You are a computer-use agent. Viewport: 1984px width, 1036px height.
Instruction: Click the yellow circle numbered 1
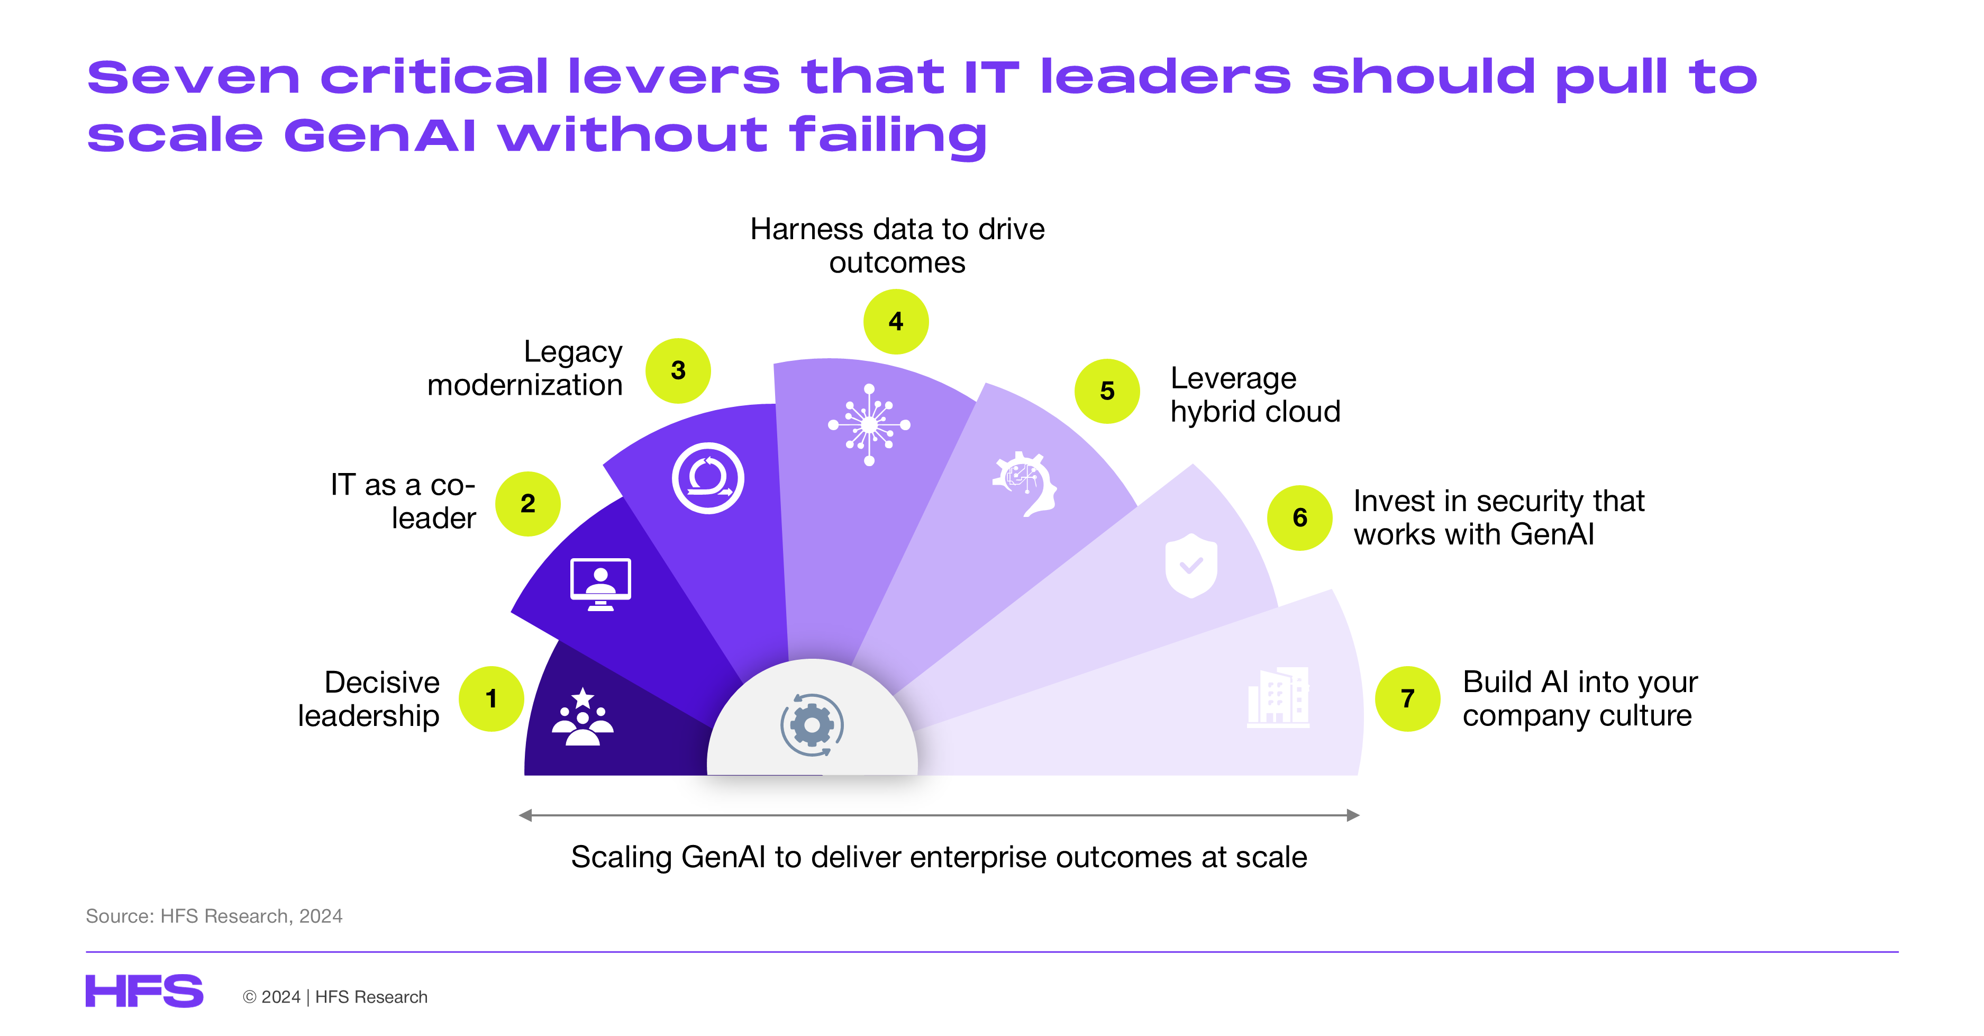click(x=492, y=698)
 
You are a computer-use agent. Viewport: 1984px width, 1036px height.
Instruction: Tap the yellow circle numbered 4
click(x=896, y=321)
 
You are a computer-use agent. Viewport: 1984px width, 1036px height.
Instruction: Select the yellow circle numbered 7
click(x=1408, y=698)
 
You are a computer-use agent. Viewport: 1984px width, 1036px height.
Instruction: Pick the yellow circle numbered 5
click(x=1107, y=390)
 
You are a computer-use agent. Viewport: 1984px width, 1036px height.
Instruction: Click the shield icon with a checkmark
click(x=1191, y=566)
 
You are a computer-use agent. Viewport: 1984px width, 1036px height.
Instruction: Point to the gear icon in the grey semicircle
click(x=812, y=725)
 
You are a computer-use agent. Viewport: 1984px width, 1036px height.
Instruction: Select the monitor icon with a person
click(x=600, y=584)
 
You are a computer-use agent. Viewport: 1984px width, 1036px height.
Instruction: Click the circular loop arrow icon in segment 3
click(x=708, y=478)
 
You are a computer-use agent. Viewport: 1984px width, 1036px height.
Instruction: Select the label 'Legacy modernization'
click(x=525, y=368)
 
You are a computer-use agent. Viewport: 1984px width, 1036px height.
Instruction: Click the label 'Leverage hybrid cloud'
click(x=1255, y=394)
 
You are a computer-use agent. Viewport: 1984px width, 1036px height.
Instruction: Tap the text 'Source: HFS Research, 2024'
click(x=214, y=916)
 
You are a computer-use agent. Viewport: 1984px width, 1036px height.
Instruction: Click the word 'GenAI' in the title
click(x=380, y=135)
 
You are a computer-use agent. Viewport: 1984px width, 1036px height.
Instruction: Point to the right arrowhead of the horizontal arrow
click(x=1353, y=815)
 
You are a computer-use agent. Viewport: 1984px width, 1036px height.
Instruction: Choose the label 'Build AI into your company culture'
click(x=1580, y=698)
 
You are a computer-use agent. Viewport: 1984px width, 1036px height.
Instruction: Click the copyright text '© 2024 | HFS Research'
click(x=335, y=997)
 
